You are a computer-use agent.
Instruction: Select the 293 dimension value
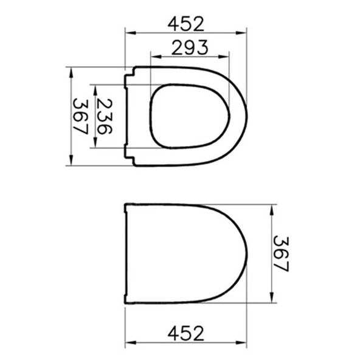[x=190, y=47]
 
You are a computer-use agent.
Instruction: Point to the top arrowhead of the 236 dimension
[x=95, y=87]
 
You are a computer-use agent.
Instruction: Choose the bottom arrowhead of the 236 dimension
[x=95, y=144]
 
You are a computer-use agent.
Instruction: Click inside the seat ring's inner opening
[x=189, y=116]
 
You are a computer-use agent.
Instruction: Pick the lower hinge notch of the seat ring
[x=129, y=156]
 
